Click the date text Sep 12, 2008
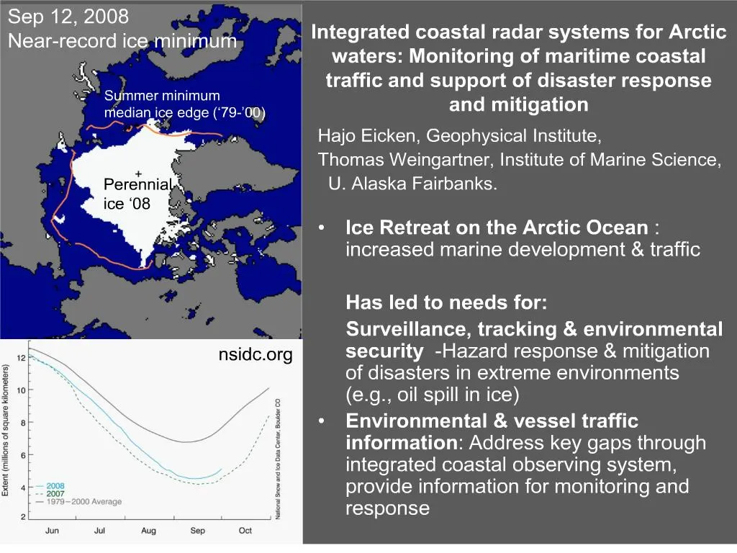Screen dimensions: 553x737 click(x=68, y=16)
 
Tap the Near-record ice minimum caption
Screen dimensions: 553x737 click(x=122, y=41)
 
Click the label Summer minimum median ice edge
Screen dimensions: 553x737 click(x=185, y=104)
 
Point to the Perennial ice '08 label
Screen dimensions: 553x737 click(x=137, y=194)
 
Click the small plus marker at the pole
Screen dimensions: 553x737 click(x=137, y=174)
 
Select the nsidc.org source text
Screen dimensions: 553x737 click(x=256, y=355)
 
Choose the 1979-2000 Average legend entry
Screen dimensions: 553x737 click(x=83, y=502)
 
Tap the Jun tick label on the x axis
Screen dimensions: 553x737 click(x=52, y=531)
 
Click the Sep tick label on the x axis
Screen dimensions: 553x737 click(x=197, y=531)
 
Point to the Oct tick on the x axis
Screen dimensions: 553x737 click(x=245, y=531)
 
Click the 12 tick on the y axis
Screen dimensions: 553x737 click(x=22, y=358)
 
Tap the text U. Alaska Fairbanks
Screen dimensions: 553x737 click(x=412, y=183)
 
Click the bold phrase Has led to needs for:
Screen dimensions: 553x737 click(x=446, y=302)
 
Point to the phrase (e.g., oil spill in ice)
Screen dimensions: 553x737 click(x=433, y=395)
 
